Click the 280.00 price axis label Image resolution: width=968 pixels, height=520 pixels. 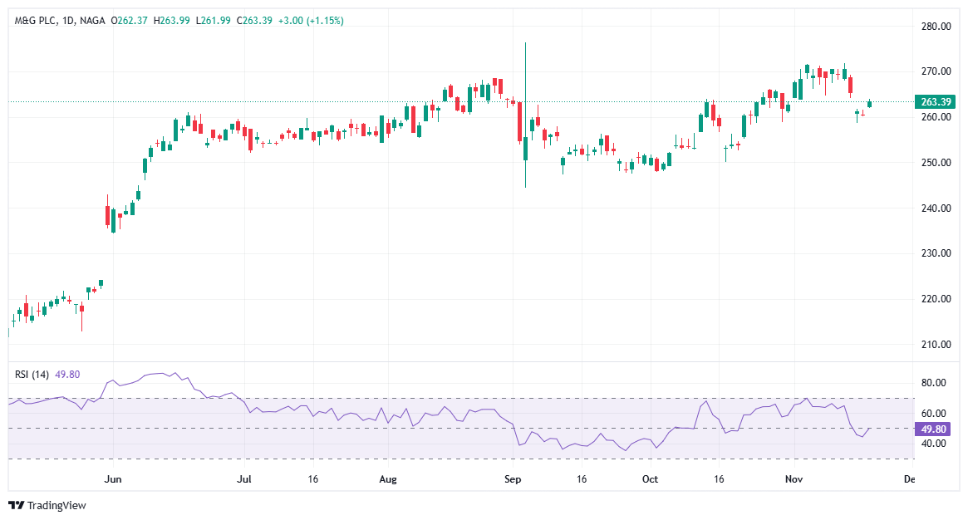click(x=936, y=27)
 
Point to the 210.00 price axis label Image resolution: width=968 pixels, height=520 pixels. click(x=936, y=345)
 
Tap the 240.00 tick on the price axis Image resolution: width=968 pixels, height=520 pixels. click(x=936, y=208)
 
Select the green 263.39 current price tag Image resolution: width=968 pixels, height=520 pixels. click(x=936, y=102)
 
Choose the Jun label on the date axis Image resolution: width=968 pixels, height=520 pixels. click(x=114, y=479)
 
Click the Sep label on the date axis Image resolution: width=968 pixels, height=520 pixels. click(x=513, y=479)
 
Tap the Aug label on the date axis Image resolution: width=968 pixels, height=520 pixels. click(x=387, y=479)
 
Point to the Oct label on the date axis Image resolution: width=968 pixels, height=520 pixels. click(x=651, y=479)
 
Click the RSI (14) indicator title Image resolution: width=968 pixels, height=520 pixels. click(x=33, y=375)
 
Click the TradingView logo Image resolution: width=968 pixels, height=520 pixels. click(x=47, y=505)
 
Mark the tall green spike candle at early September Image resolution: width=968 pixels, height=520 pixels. click(x=526, y=116)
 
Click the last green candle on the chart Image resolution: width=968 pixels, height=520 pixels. click(x=870, y=104)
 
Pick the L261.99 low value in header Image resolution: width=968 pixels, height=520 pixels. click(x=214, y=21)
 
